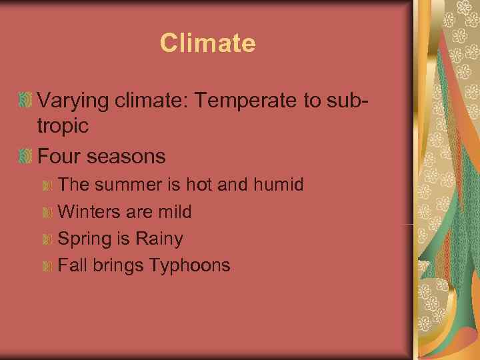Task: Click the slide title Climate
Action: tap(207, 43)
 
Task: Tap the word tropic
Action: tap(63, 126)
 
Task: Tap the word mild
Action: tap(175, 212)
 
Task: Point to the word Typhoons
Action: tap(190, 266)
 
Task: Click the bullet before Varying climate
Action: tap(26, 101)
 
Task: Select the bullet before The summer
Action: tap(47, 185)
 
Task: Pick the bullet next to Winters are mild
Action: tap(47, 213)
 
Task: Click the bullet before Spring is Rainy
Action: tap(47, 239)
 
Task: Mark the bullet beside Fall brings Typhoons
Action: tap(47, 266)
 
